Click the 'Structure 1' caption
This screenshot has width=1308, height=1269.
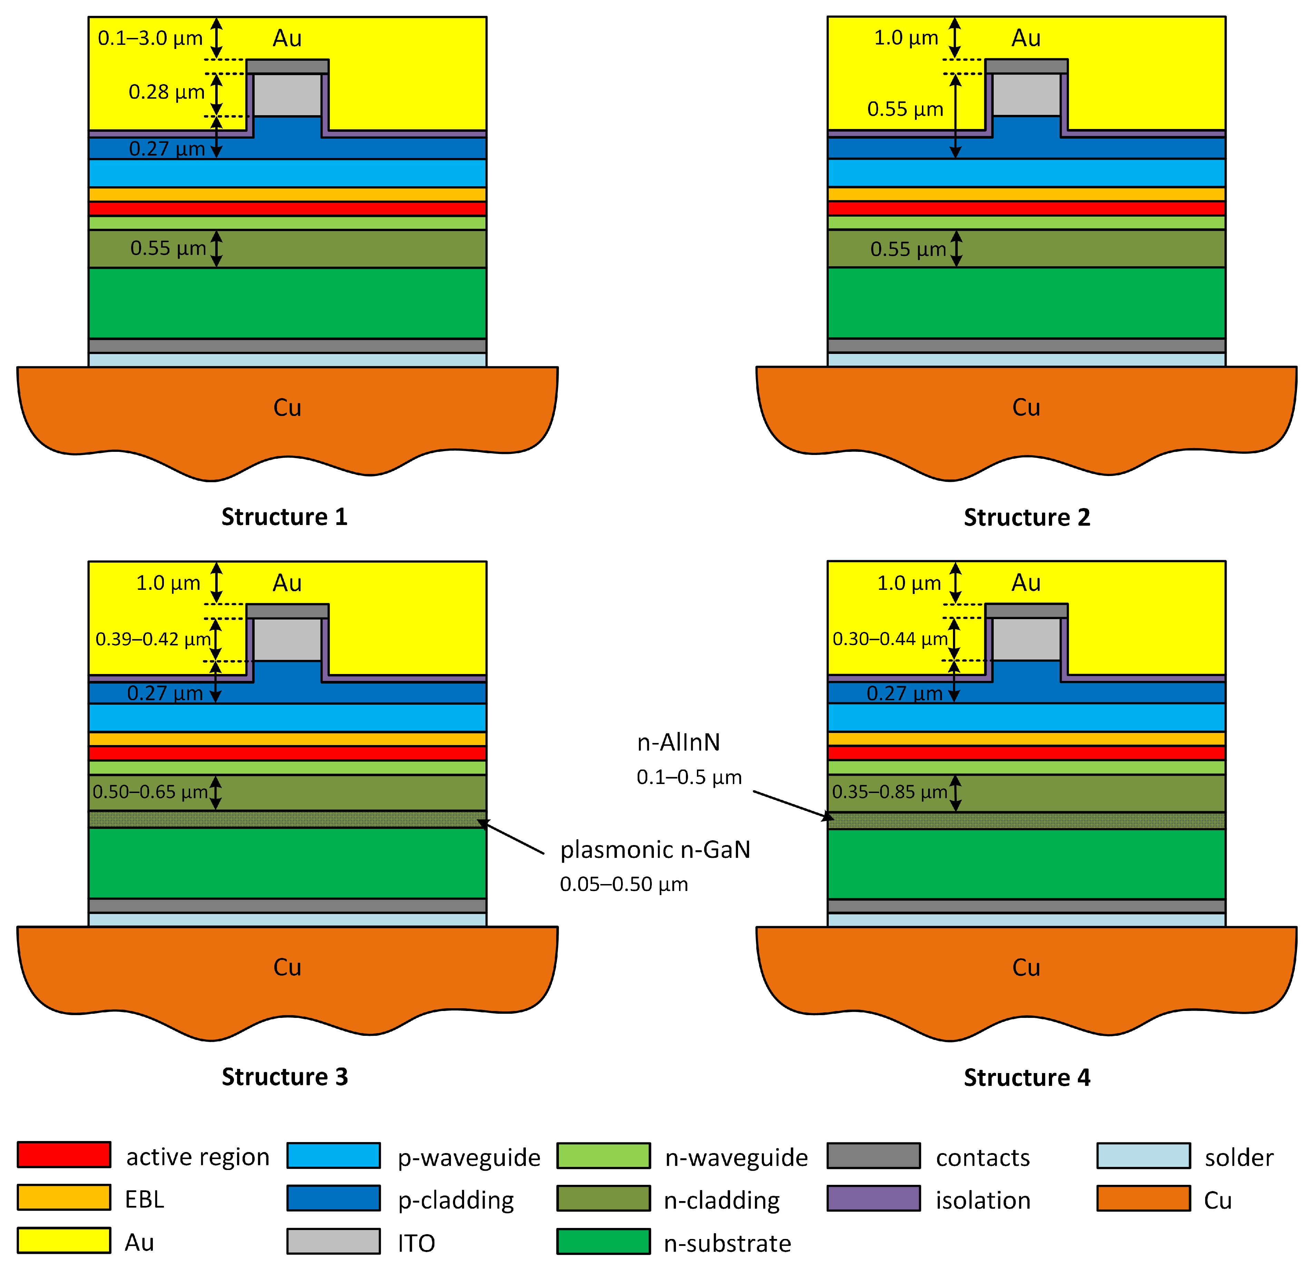[x=284, y=517]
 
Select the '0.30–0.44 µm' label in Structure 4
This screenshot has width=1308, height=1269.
[x=889, y=639]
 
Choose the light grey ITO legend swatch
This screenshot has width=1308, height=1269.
[x=334, y=1241]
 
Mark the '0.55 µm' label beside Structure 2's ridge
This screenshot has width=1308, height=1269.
[x=905, y=109]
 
